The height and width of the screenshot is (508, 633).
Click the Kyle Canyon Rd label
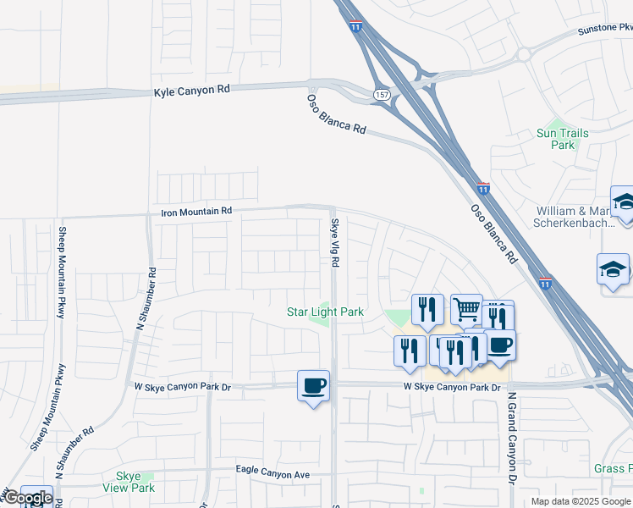(x=192, y=91)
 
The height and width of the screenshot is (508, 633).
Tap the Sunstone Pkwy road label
(x=604, y=30)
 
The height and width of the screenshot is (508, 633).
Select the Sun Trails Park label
(x=555, y=139)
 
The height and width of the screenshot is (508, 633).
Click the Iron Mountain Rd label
(x=195, y=211)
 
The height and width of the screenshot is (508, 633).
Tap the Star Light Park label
(x=325, y=312)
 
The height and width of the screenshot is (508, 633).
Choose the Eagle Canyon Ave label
(x=272, y=475)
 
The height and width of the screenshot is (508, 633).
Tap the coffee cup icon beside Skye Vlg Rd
(x=313, y=386)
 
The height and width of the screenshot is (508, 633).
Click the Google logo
(x=27, y=498)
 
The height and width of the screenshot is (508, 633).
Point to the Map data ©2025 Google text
(x=581, y=501)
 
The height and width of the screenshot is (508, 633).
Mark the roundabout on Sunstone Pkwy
(x=522, y=55)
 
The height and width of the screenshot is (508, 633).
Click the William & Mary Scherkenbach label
(x=584, y=217)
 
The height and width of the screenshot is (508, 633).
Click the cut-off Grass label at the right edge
(x=613, y=468)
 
